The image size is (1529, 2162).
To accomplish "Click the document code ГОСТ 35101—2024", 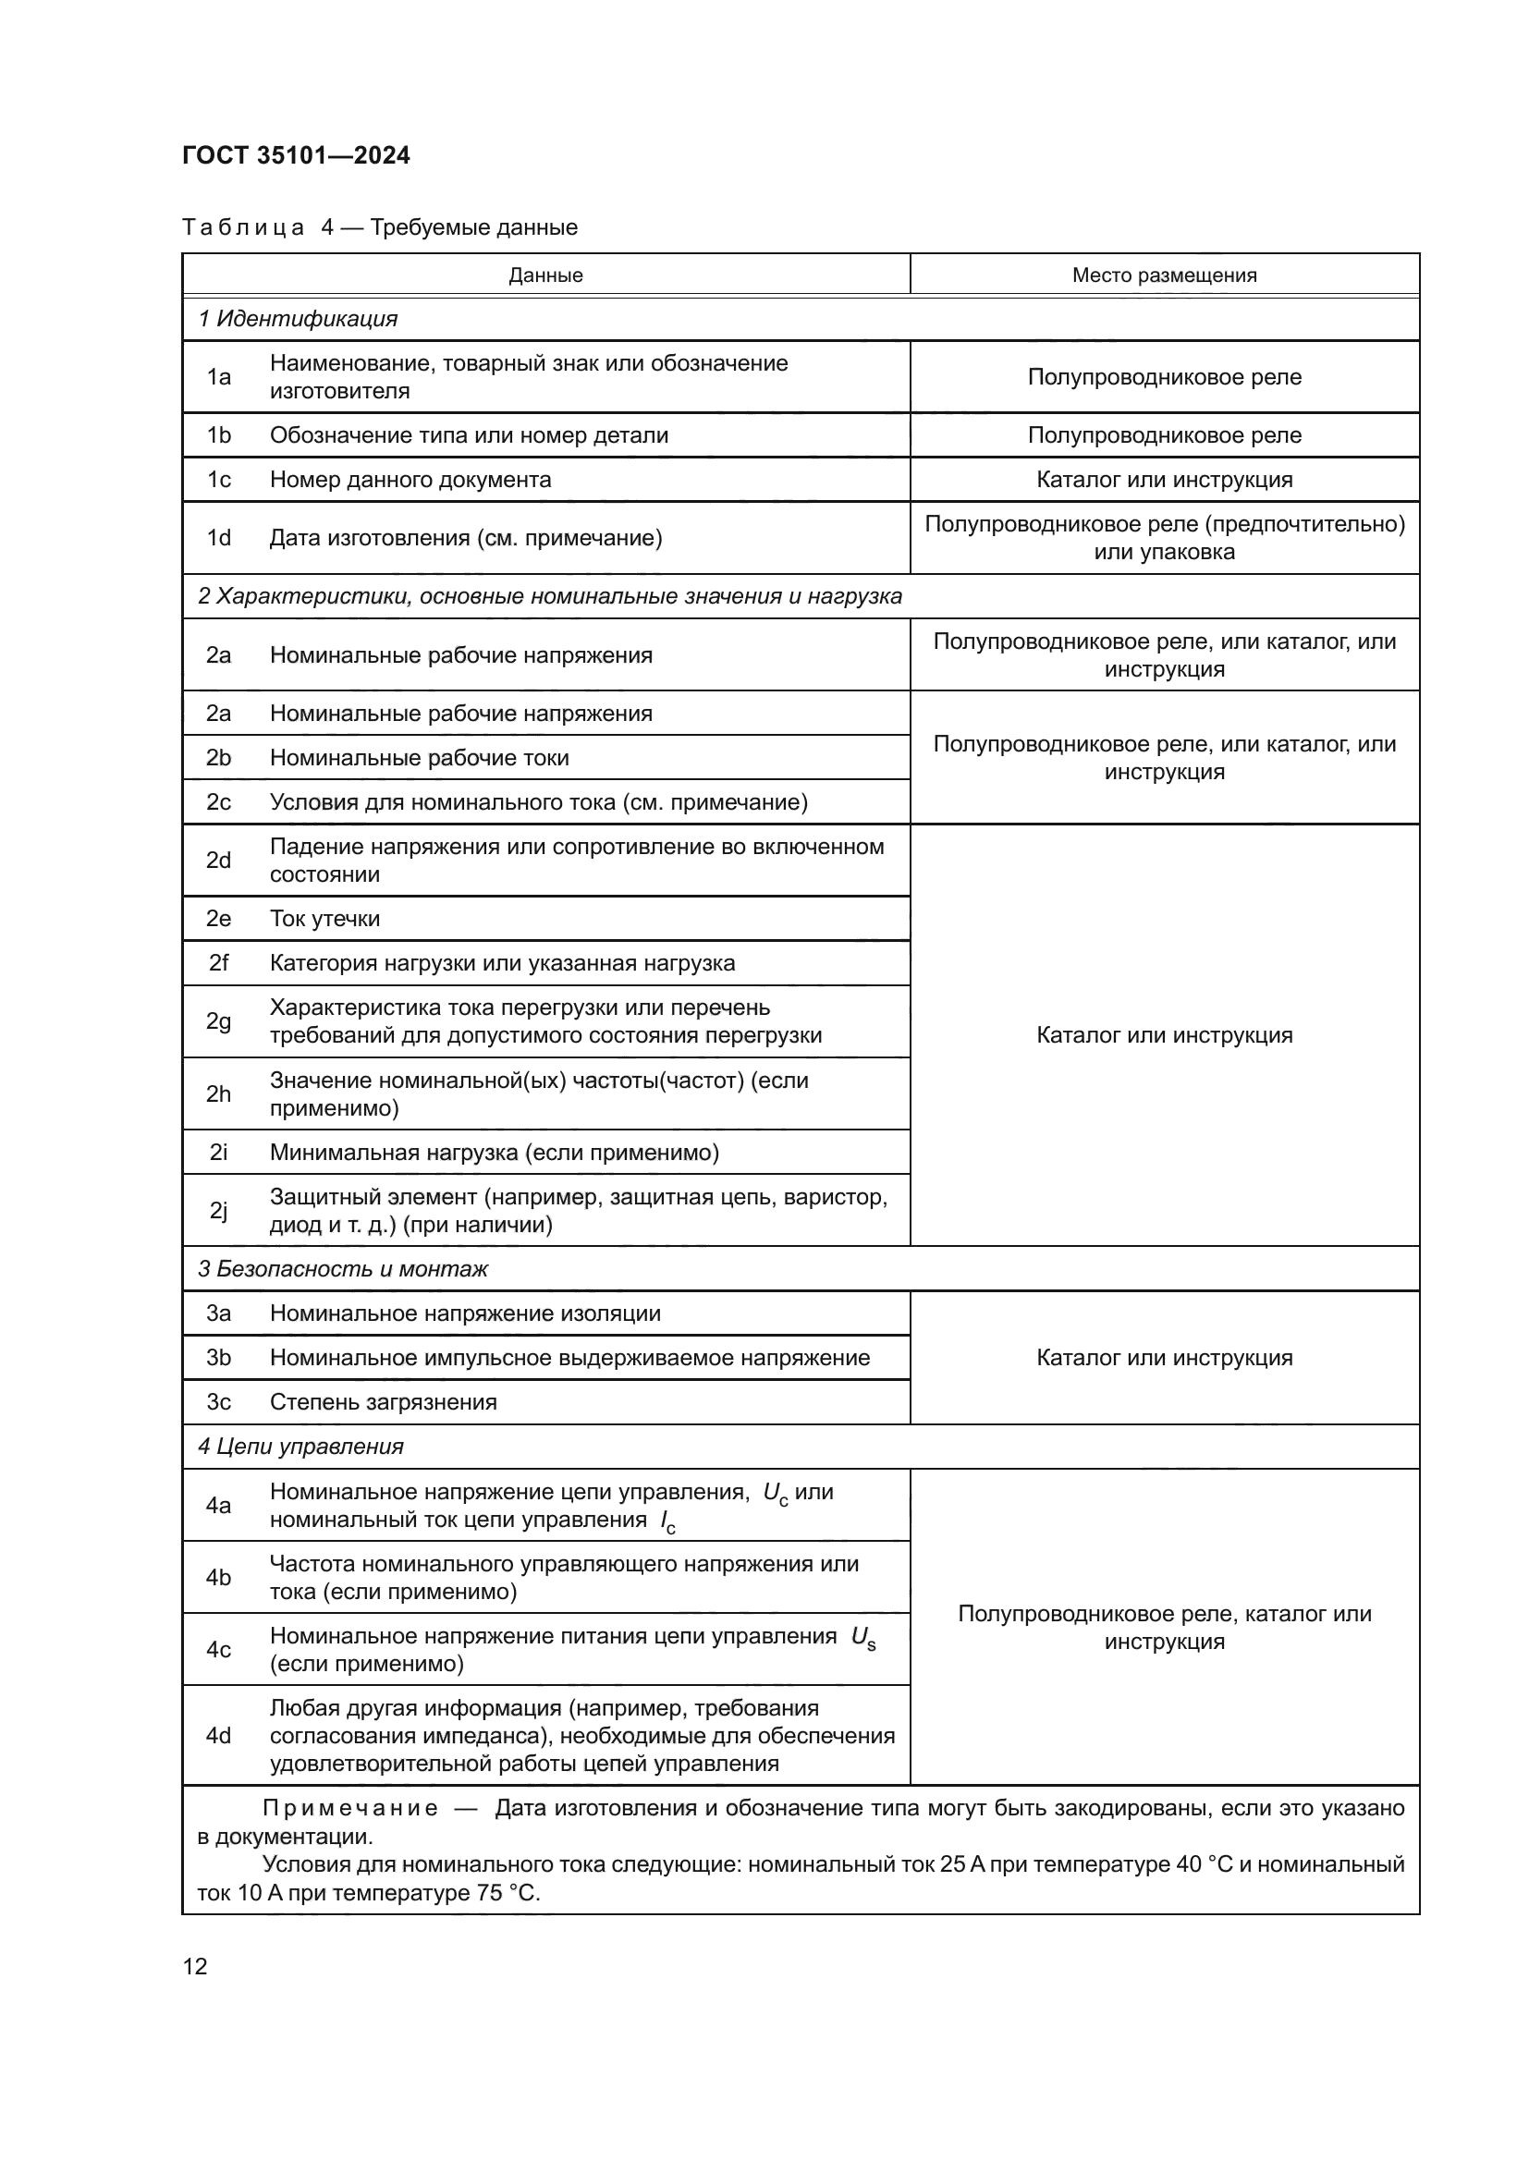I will (296, 155).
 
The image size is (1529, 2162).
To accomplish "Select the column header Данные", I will (545, 275).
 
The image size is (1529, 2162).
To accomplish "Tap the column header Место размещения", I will (1164, 275).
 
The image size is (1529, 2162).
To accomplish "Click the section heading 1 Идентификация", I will (298, 318).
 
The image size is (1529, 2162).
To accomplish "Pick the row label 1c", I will (218, 480).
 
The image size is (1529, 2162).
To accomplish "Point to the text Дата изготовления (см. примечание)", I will (465, 538).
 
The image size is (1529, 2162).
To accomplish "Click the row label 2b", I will (218, 757).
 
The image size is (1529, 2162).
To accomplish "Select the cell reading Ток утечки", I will (324, 918).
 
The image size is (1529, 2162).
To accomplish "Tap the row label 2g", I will (218, 1020).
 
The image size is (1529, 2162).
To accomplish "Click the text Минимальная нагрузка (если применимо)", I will (495, 1152).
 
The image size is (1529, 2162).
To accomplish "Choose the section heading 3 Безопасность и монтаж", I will (343, 1268).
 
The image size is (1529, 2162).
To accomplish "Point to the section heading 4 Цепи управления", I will (300, 1447).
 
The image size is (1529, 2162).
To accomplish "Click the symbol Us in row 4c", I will (862, 1638).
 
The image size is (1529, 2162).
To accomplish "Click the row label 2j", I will (218, 1210).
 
